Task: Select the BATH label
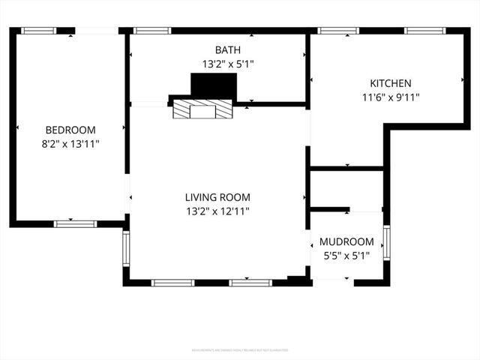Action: click(228, 50)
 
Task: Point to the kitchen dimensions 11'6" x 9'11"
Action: click(390, 97)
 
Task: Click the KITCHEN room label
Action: click(390, 83)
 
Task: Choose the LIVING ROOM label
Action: click(217, 198)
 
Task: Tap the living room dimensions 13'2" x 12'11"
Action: click(217, 211)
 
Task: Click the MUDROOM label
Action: click(346, 242)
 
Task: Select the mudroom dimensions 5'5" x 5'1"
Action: click(346, 256)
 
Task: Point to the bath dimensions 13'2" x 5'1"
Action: click(228, 64)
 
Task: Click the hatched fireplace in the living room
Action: click(202, 111)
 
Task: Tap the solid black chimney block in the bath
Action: click(214, 85)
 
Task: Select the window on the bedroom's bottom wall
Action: click(75, 223)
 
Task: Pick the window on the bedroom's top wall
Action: click(38, 31)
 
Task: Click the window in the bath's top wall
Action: click(152, 31)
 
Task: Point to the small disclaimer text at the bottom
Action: click(240, 349)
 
